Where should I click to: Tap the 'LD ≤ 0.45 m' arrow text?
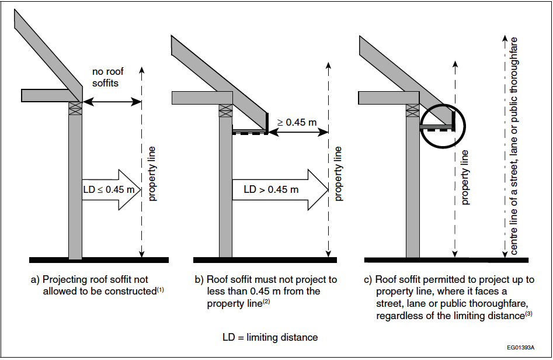(109, 189)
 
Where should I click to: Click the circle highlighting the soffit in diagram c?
(442, 125)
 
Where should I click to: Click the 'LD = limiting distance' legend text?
(270, 337)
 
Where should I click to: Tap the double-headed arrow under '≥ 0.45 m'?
(298, 132)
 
